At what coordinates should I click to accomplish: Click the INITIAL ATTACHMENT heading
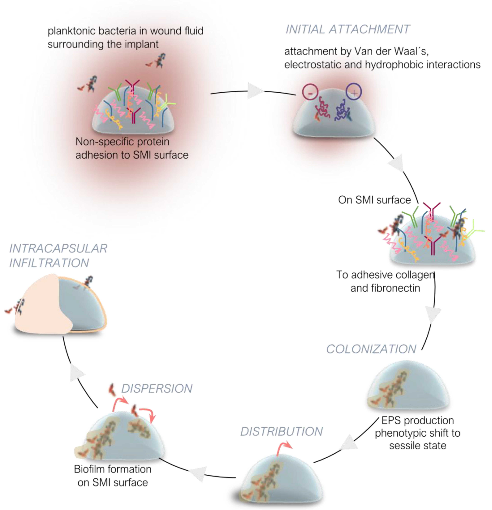coord(348,29)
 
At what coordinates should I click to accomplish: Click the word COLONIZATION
coord(371,349)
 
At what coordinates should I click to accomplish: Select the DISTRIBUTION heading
coord(281,432)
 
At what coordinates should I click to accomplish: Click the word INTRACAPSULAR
coord(58,249)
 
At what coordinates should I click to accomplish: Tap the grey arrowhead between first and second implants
coord(254,91)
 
